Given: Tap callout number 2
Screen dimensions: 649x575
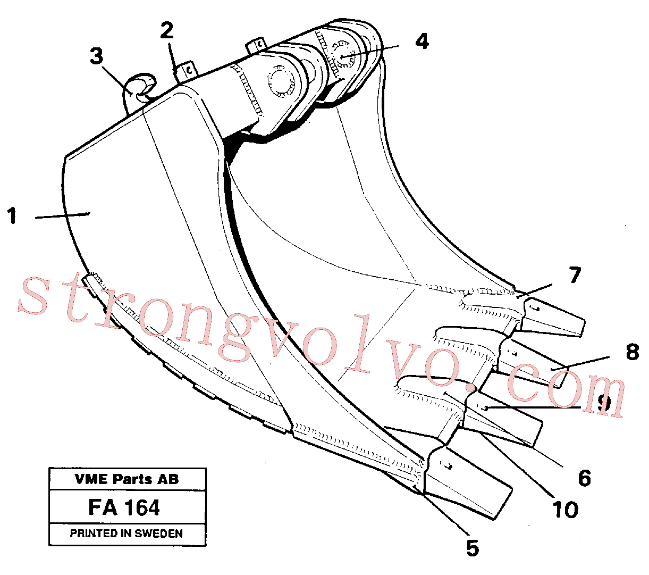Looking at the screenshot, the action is click(167, 30).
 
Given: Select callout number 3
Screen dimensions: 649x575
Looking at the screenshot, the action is click(96, 56).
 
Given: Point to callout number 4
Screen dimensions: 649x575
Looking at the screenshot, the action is click(422, 41).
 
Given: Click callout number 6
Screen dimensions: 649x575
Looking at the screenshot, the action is click(584, 479).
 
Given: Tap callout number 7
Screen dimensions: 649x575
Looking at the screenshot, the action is click(575, 275).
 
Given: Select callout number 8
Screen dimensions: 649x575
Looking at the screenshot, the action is click(633, 352).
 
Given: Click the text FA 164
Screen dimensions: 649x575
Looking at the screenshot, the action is click(124, 508).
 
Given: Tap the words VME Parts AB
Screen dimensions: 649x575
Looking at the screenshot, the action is click(127, 479).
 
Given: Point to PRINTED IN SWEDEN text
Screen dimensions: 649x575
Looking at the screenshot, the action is click(126, 534).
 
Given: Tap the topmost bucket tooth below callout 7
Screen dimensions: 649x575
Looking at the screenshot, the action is click(552, 318).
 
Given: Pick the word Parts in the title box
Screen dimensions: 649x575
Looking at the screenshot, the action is click(132, 479).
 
